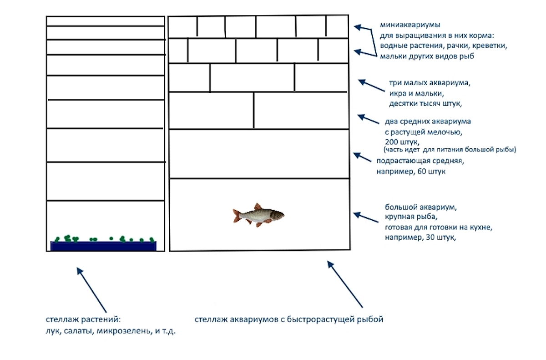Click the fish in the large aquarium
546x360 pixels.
coord(259,214)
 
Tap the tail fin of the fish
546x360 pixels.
coord(237,215)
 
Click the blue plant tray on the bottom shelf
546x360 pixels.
coord(103,246)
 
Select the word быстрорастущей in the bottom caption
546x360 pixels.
coord(325,319)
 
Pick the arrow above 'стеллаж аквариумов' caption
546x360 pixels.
coord(345,284)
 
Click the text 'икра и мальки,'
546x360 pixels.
coord(416,94)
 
